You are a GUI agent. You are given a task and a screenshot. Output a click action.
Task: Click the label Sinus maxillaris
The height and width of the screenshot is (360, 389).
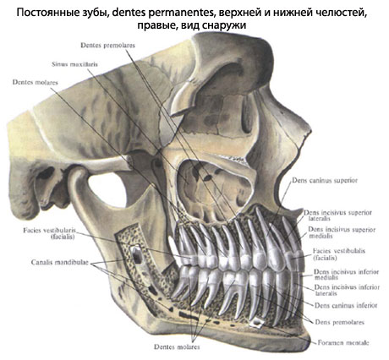pos(74,64)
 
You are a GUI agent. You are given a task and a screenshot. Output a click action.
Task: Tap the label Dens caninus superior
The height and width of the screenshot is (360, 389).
pos(325,180)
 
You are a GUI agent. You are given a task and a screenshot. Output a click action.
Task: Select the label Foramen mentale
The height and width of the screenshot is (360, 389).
pos(343,342)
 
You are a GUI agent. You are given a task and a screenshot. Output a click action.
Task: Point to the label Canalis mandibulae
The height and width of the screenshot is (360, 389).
pos(60,262)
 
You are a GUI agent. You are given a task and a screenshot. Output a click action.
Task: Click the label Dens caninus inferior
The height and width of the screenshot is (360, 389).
pos(346,305)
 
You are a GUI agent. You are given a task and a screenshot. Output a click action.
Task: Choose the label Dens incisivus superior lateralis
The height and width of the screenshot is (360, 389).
pos(337,215)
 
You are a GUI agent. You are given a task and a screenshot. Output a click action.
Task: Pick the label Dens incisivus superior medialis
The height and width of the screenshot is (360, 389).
pos(342,232)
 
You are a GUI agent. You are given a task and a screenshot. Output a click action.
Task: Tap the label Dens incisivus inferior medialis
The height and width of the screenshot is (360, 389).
pos(347,275)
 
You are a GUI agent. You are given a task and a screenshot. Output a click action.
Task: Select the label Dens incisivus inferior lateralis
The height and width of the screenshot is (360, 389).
pos(347,290)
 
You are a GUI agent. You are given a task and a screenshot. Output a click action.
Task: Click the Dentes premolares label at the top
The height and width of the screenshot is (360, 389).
pos(107,45)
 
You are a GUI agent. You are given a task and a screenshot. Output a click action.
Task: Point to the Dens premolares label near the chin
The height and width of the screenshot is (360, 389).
pos(340,322)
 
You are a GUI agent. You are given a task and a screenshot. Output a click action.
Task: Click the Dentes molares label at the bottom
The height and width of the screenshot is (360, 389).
pos(177,346)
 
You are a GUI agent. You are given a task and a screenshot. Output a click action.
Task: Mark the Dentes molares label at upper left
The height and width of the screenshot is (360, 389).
pos(35,82)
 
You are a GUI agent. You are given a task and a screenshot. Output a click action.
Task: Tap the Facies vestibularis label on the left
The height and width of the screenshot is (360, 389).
pos(50,233)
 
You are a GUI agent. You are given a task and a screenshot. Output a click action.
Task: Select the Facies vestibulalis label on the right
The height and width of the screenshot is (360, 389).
pos(339,254)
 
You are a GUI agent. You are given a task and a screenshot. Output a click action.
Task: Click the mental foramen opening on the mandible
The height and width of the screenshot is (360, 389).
pos(257,323)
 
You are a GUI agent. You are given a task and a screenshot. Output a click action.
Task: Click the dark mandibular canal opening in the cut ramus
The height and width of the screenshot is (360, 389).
pos(136,256)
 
